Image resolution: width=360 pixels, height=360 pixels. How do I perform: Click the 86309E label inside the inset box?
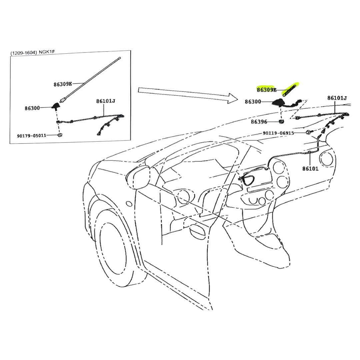coord(63,84)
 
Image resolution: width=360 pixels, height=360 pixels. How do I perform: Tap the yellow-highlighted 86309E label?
coord(266,90)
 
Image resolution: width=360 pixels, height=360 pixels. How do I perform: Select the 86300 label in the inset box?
coord(32,108)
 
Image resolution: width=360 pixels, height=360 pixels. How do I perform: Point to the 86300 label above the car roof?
coord(253,101)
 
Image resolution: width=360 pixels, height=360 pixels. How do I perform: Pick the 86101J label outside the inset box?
coord(337,98)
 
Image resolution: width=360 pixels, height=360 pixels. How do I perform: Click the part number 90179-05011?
coord(32,136)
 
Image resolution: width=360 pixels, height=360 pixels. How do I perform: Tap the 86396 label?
coord(259,122)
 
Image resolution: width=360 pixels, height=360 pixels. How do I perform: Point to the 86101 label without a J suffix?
coord(310,169)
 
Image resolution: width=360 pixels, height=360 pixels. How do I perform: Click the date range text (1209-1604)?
coord(23,53)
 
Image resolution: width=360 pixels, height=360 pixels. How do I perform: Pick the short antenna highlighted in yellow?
coord(290,90)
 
